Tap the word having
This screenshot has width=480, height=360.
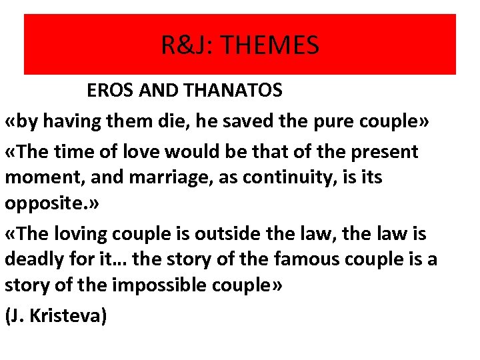coord(76,122)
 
